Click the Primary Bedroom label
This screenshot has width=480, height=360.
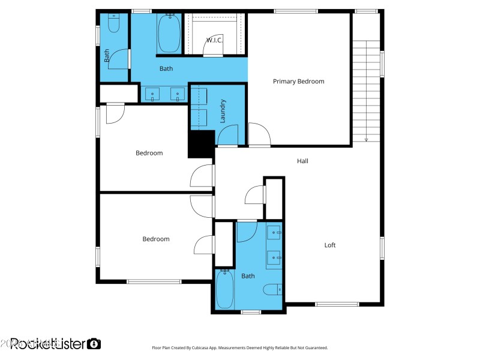(x=298, y=82)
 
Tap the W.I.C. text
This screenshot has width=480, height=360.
(x=214, y=40)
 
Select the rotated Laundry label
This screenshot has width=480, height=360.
(x=223, y=111)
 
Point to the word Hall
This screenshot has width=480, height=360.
(x=303, y=161)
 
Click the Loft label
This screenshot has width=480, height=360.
(x=330, y=245)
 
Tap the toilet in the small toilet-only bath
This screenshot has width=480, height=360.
(x=113, y=23)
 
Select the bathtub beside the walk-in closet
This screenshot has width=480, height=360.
(x=169, y=33)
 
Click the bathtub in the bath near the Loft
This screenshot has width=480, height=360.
(x=224, y=290)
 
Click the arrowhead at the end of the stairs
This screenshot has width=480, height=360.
(x=366, y=140)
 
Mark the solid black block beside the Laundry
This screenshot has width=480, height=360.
(x=201, y=144)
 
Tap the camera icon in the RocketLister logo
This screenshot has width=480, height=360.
(x=94, y=344)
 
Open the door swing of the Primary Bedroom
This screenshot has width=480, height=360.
(x=259, y=134)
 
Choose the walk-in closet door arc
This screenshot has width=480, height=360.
(x=213, y=52)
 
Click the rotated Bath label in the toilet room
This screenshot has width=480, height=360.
(x=107, y=56)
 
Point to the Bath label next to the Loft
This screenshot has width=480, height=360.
(x=248, y=276)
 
